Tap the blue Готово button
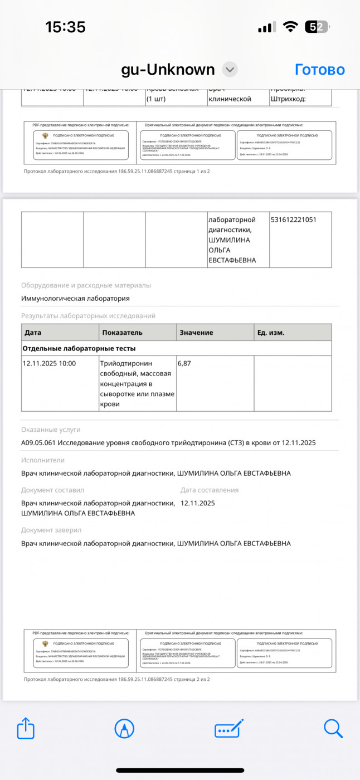[319, 70]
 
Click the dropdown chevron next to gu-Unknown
[230, 70]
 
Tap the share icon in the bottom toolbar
[26, 729]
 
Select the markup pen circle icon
[124, 729]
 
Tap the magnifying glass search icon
[333, 729]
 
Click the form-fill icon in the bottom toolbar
[229, 729]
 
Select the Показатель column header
[122, 333]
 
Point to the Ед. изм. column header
[270, 333]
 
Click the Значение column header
[196, 333]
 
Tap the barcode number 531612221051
[293, 220]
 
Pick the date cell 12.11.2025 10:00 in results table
[49, 363]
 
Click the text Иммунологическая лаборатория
[75, 298]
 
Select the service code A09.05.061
[40, 443]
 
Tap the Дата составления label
[210, 490]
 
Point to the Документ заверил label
[51, 530]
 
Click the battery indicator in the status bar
[317, 27]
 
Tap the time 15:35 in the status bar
[65, 27]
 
